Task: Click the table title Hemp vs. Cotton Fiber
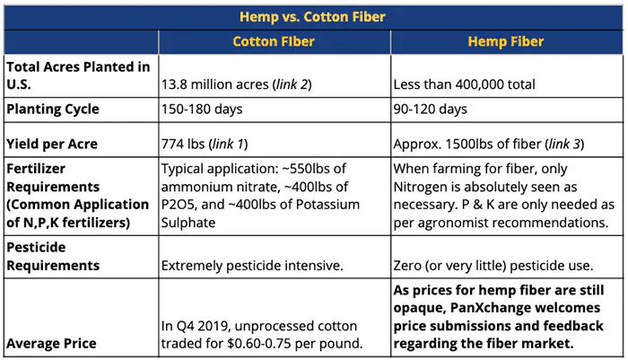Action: point(312,17)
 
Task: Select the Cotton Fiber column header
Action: point(274,41)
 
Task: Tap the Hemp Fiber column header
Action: point(506,41)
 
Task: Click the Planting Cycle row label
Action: point(53,109)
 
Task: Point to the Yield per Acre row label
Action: point(52,144)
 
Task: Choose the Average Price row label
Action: point(51,344)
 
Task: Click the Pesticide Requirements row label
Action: point(53,256)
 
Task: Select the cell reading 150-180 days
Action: point(202,109)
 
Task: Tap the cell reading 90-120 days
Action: point(430,109)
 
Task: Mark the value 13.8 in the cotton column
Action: point(174,84)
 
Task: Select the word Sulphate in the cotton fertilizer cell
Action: point(188,223)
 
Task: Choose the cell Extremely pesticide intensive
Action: point(252,266)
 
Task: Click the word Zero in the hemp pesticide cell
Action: point(407,266)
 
